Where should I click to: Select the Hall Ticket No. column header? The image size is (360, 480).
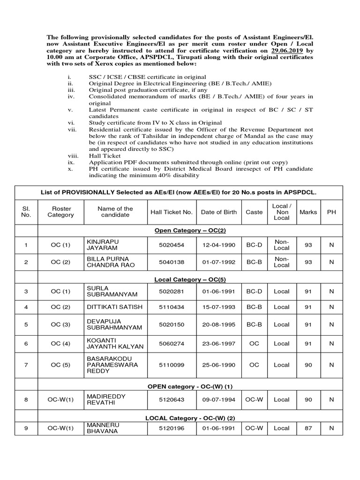(x=172, y=212)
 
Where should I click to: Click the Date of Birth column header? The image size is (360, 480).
(x=219, y=212)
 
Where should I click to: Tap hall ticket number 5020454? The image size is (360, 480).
(x=172, y=245)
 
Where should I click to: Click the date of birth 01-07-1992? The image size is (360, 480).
(x=219, y=262)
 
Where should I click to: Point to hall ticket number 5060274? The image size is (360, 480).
(x=172, y=344)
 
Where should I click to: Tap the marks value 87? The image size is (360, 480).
(x=308, y=427)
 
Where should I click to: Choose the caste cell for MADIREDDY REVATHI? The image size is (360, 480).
(x=254, y=399)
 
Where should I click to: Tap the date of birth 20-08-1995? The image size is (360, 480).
(x=219, y=325)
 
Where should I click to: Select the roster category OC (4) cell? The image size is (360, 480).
(x=60, y=344)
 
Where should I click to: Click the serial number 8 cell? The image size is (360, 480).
(x=26, y=399)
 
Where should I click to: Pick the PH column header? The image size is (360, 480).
(x=331, y=212)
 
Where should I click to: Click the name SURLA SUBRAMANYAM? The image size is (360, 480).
(x=111, y=291)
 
